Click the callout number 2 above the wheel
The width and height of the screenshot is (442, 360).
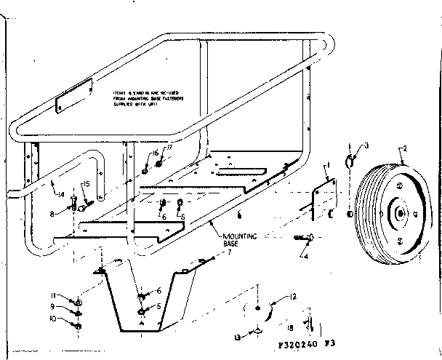pos(403,149)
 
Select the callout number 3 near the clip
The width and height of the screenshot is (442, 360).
pos(366,146)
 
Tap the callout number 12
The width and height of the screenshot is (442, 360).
pos(273,297)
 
